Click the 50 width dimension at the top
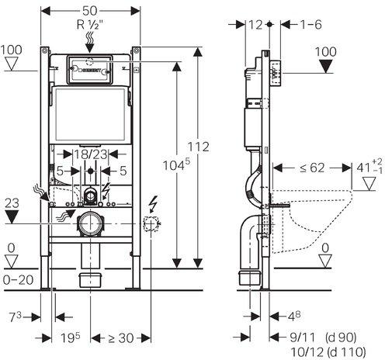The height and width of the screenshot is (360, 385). pos(90,11)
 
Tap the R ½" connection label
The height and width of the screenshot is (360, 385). pos(90,25)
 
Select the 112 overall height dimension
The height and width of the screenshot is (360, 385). pos(199,147)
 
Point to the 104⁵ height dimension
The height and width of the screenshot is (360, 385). pos(176,164)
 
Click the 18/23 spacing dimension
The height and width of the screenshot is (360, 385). pos(91,154)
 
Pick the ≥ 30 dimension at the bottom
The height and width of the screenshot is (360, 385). pos(120,338)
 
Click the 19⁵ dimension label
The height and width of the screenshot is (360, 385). pos(71,337)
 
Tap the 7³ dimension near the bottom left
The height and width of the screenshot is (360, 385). pos(16,317)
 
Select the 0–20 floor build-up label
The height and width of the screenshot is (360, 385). pos(19,280)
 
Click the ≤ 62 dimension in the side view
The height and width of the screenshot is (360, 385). pos(312,168)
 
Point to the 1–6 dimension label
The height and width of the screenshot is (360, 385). pos(310,25)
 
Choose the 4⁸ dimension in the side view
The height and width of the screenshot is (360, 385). pos(294,316)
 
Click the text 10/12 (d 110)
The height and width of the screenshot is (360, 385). pos(328,352)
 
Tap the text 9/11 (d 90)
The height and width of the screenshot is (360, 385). pos(323,337)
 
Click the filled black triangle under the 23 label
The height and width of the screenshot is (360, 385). pos(12,216)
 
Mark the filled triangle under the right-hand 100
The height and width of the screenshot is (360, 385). pos(326,67)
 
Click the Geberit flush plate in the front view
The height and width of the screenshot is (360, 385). pos(90,70)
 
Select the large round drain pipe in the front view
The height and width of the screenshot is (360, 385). pos(90,223)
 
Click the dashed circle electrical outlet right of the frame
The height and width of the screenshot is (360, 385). pos(151,223)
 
